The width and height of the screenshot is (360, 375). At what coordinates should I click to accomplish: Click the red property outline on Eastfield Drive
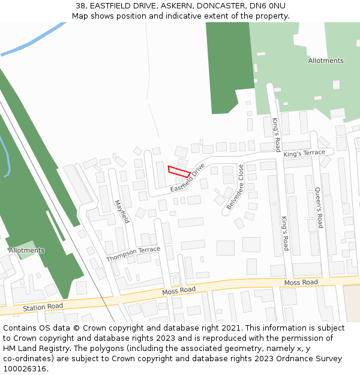[x=179, y=171]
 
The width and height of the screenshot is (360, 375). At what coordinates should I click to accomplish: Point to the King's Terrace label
[x=304, y=154]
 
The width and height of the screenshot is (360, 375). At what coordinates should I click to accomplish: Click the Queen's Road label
[x=319, y=208]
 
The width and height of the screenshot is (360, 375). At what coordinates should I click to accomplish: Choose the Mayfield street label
[x=122, y=211]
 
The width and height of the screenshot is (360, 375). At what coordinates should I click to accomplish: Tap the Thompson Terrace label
[x=133, y=254]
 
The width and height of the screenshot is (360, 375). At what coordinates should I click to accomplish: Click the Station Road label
[x=43, y=307]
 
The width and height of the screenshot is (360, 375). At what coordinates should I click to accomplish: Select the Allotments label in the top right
[x=326, y=61]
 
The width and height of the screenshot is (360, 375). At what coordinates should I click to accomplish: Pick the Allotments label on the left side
[x=26, y=250]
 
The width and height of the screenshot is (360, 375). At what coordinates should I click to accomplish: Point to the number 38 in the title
[x=80, y=6]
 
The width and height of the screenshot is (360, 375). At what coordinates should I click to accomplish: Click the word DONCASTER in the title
[x=218, y=6]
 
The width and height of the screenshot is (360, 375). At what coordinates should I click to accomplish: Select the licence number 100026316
[x=25, y=369]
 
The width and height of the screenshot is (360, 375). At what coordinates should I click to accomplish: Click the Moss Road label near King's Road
[x=301, y=282]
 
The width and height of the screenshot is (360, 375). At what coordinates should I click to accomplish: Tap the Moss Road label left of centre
[x=179, y=291]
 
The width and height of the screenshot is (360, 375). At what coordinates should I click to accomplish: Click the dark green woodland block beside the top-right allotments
[x=228, y=66]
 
